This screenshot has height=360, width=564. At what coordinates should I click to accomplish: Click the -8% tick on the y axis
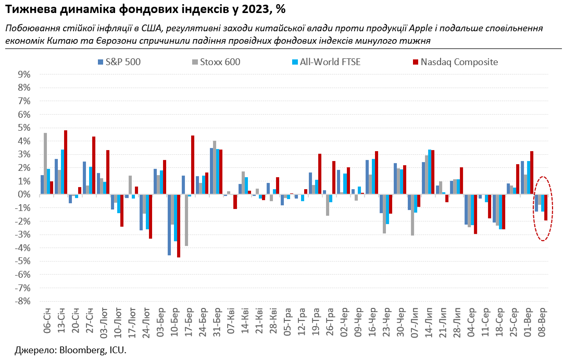coord(23,301)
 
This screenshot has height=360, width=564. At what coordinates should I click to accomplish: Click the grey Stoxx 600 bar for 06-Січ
coord(45,164)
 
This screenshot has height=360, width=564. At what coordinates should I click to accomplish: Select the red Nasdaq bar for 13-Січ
coord(66,162)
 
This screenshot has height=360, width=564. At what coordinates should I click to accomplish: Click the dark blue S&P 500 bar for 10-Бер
coord(169,225)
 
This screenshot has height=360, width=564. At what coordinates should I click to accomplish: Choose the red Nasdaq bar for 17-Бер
coord(193,165)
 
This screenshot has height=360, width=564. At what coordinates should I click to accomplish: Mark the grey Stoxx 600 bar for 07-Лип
coord(412,215)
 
